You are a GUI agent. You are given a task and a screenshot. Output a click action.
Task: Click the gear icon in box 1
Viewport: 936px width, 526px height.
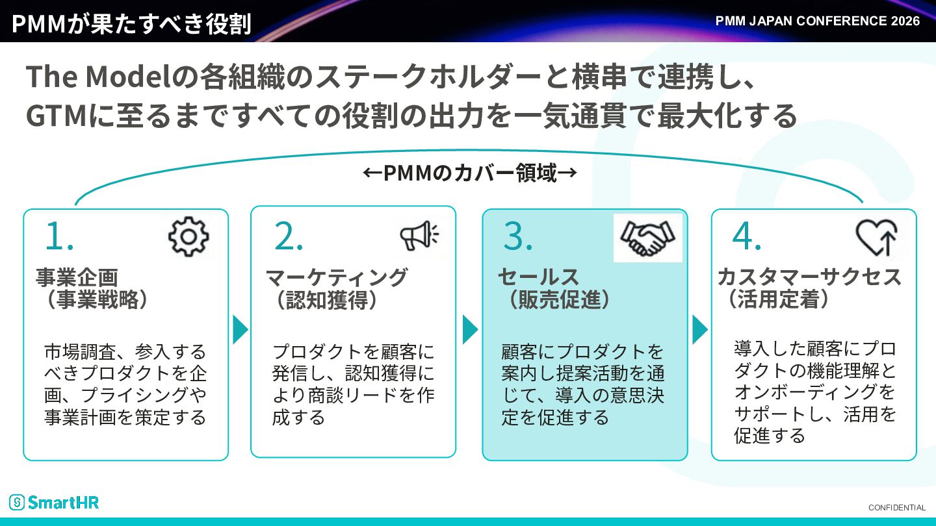tap(188, 236)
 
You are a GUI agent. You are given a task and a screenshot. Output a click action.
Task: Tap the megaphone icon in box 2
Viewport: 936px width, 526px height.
tap(419, 235)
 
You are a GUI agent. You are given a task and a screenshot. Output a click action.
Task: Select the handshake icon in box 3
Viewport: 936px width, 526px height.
tap(647, 238)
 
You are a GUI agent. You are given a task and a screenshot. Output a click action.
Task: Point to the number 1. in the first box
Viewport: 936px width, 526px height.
tap(59, 236)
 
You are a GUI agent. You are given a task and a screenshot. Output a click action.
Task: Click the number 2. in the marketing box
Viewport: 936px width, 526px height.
tap(289, 236)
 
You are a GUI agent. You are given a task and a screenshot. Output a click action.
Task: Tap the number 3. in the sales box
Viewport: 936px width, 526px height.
tap(518, 236)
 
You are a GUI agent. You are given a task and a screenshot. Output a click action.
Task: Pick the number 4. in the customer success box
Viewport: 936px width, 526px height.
tap(747, 236)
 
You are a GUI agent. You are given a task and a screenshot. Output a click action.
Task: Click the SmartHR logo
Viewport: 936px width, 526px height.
tap(54, 502)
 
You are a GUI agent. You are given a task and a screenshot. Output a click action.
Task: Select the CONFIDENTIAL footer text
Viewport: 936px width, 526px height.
tap(897, 508)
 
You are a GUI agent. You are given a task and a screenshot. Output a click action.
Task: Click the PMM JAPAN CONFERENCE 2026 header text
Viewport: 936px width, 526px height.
tap(817, 21)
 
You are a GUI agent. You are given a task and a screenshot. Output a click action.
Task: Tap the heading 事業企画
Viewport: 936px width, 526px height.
tap(77, 277)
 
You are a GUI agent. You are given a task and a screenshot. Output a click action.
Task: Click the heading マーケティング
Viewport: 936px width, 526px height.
tap(337, 277)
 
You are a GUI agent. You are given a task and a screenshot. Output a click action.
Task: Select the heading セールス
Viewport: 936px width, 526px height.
tap(538, 277)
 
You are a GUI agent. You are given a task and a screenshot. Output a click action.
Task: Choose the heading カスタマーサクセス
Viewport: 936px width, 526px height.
tap(809, 277)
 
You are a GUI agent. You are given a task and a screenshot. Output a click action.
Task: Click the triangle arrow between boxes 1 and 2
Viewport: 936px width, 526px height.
tap(240, 330)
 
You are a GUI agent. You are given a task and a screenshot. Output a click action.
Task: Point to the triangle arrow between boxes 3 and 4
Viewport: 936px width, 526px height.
tap(700, 330)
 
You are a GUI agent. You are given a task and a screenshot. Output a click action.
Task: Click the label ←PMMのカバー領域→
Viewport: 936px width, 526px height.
tap(470, 173)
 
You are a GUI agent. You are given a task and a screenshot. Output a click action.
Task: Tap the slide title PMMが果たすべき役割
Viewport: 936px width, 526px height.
tap(131, 23)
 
